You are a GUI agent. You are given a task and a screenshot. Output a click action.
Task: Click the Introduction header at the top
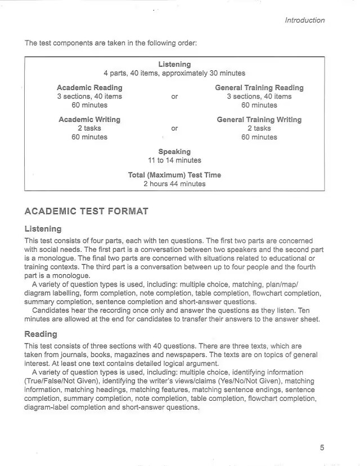(x=304, y=20)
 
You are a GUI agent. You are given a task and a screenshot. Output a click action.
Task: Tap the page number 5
(x=322, y=447)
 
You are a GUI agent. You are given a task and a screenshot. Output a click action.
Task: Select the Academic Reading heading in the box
(x=89, y=88)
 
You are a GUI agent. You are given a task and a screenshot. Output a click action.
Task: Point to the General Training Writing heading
(x=259, y=120)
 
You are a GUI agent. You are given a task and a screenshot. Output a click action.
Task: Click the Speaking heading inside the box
(x=174, y=152)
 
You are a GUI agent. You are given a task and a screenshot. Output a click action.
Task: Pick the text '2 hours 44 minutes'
(x=174, y=184)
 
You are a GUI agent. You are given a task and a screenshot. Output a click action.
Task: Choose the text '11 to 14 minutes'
(x=174, y=160)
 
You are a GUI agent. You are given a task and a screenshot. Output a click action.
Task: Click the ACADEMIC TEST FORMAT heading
(x=86, y=211)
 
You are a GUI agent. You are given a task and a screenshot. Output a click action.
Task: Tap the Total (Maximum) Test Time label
(x=174, y=175)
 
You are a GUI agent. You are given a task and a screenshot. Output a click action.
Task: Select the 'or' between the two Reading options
(x=174, y=97)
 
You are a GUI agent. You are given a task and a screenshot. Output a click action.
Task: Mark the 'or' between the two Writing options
(x=174, y=128)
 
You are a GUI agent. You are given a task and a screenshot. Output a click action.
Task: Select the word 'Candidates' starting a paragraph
(x=52, y=311)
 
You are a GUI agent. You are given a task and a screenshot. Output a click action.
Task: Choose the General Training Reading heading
(x=259, y=88)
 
